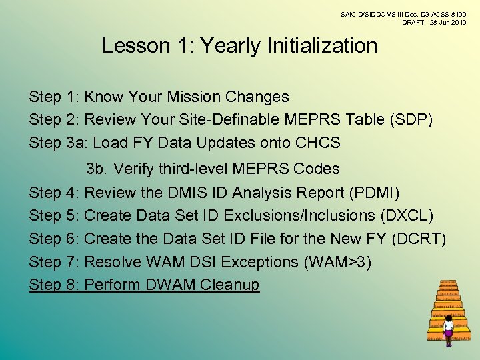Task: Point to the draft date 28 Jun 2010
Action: pyautogui.click(x=444, y=22)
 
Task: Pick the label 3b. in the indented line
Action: pyautogui.click(x=97, y=169)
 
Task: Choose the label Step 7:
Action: pyautogui.click(x=55, y=262)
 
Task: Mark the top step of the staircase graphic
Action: pyautogui.click(x=448, y=283)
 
